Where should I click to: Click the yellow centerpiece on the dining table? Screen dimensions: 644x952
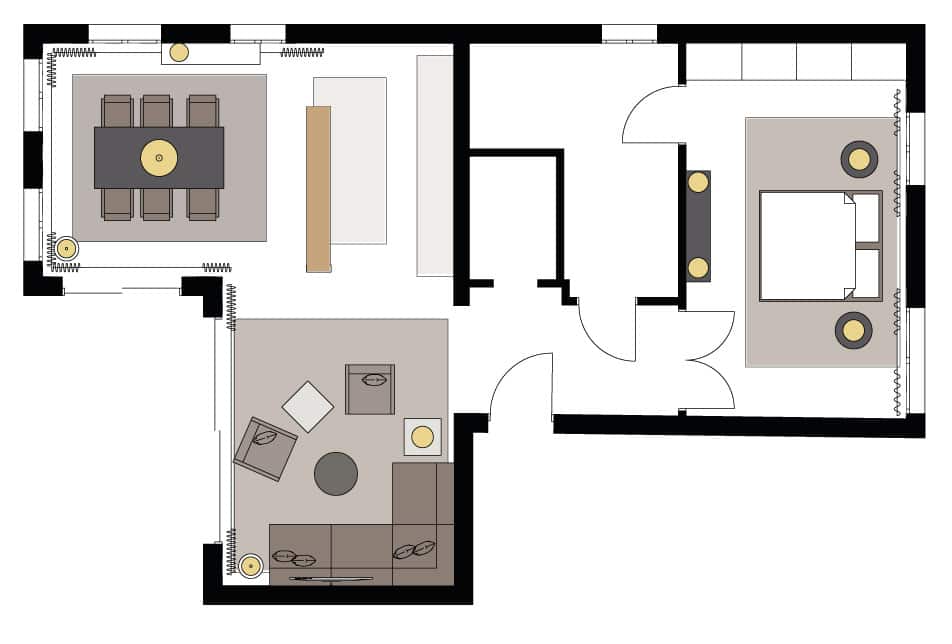pos(159,158)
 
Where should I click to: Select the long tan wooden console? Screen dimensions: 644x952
pos(318,189)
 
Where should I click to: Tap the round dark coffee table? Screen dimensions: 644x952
pos(336,473)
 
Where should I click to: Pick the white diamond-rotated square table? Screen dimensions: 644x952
pos(308,407)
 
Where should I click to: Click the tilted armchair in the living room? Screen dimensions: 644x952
pos(265,448)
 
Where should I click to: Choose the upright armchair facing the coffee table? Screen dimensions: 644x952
pos(370,389)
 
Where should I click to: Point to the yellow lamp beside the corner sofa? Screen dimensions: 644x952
pos(423,436)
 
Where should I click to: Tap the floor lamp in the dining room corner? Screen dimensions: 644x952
pos(66,248)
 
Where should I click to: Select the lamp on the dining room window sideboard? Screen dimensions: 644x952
pos(178,53)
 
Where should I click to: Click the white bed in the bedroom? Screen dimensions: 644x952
pos(808,246)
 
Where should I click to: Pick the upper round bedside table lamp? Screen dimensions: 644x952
pos(859,159)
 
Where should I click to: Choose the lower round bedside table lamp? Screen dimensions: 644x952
pos(853,331)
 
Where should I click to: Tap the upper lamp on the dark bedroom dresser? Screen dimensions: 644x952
pos(698,182)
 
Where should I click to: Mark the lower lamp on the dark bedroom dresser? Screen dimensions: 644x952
pos(698,268)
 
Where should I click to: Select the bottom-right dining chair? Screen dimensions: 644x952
pos(202,204)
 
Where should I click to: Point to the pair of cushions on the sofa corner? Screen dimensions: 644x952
pos(414,550)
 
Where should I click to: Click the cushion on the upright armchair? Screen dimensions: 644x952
pos(374,380)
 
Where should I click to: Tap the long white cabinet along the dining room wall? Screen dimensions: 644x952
pos(435,165)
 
